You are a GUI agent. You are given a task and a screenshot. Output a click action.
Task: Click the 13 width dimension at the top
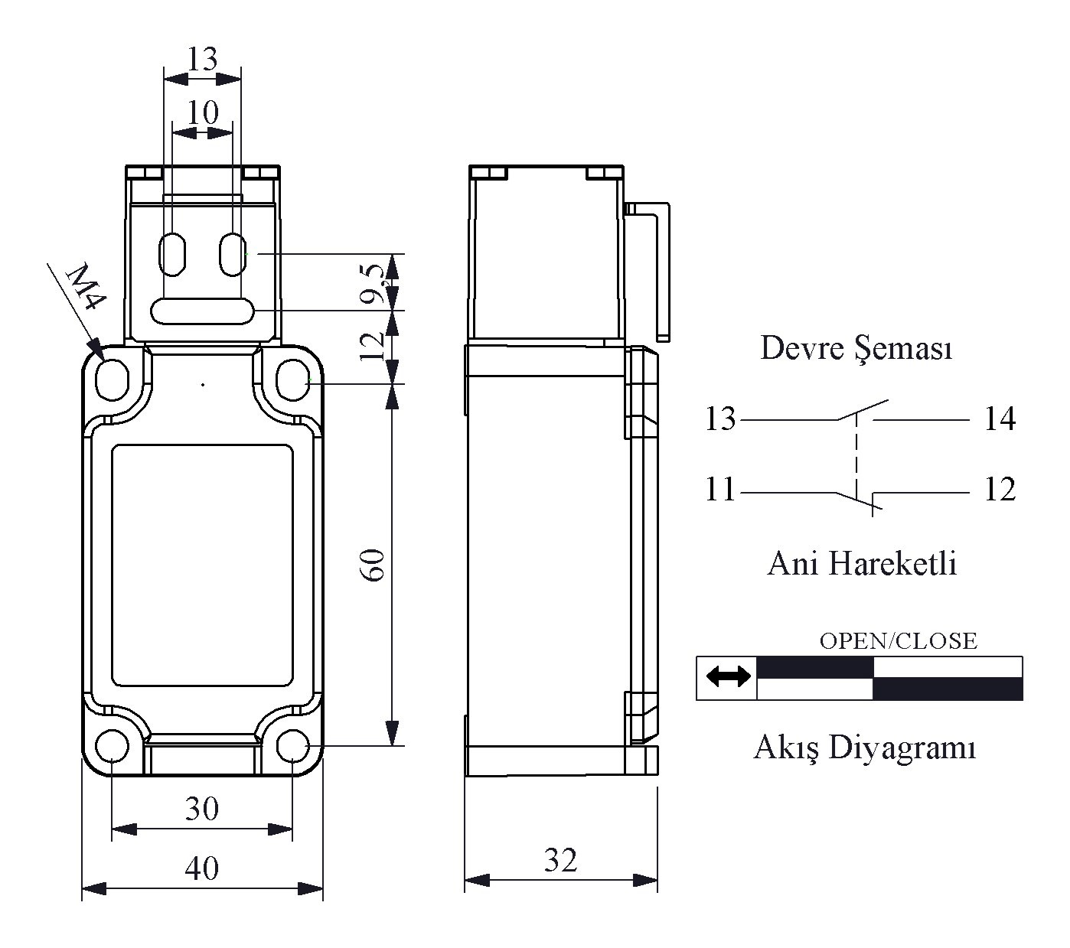(x=203, y=58)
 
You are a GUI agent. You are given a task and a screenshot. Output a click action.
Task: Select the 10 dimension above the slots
(x=203, y=112)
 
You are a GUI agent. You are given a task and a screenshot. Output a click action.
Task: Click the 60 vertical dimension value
(x=374, y=565)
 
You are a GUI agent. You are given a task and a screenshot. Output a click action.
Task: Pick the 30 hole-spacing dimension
(x=202, y=809)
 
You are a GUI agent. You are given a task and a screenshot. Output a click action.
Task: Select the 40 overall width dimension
(x=202, y=868)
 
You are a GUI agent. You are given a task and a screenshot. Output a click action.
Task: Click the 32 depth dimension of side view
(x=560, y=861)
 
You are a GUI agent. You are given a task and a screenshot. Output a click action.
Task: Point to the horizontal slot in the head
(x=203, y=311)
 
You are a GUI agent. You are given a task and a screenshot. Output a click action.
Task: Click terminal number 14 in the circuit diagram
(x=1000, y=419)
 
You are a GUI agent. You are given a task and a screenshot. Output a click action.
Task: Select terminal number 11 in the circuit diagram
(x=719, y=490)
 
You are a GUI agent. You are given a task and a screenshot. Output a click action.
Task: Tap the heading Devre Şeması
(x=856, y=349)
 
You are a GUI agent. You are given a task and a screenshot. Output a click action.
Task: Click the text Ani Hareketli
(x=862, y=564)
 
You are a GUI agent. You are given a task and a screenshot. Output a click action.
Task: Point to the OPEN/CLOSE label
(x=898, y=640)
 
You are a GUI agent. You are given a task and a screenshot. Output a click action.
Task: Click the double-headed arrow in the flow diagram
(x=727, y=676)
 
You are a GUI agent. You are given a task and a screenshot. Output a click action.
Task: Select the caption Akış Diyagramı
(x=864, y=747)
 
